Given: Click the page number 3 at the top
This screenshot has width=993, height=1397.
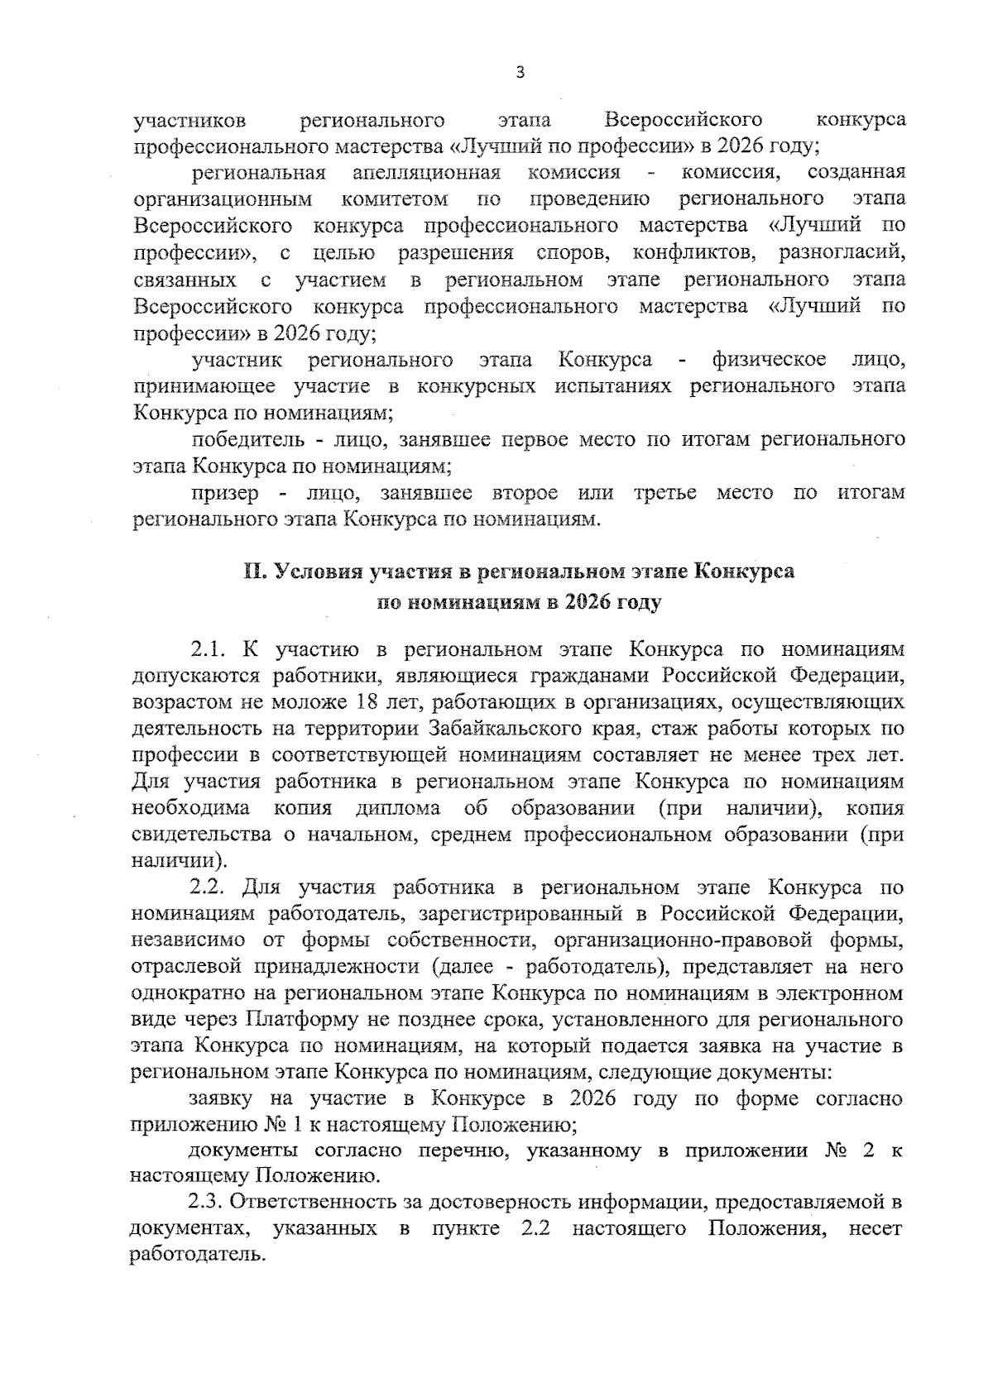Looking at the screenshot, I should [520, 73].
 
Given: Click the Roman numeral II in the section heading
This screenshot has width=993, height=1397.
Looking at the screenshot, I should [252, 572].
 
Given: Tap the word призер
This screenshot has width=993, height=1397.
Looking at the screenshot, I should [225, 493].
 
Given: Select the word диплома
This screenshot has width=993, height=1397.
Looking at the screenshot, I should [399, 808].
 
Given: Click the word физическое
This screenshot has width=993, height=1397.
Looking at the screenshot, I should [768, 360].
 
